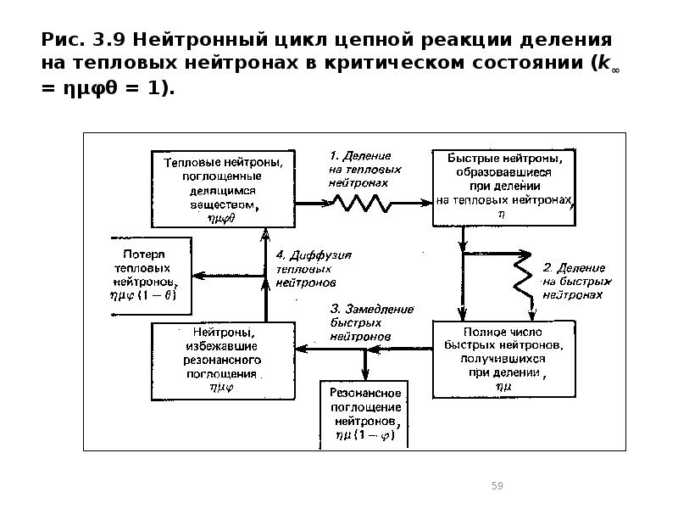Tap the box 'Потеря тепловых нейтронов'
coord(150,274)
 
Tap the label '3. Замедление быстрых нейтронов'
coord(362,322)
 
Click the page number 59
coord(497,485)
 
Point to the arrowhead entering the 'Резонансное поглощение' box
coord(365,377)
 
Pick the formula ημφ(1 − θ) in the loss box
coord(149,296)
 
